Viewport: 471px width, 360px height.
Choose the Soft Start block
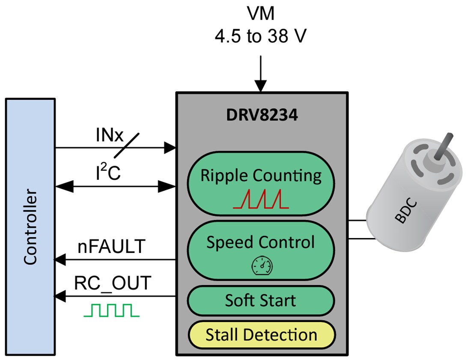pos(261,300)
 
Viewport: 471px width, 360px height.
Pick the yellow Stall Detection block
pos(261,335)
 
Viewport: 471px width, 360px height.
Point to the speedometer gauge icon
pos(261,266)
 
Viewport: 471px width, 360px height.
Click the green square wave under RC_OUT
pos(111,310)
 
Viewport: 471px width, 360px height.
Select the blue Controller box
pos(30,227)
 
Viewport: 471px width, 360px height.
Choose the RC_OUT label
pos(113,283)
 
